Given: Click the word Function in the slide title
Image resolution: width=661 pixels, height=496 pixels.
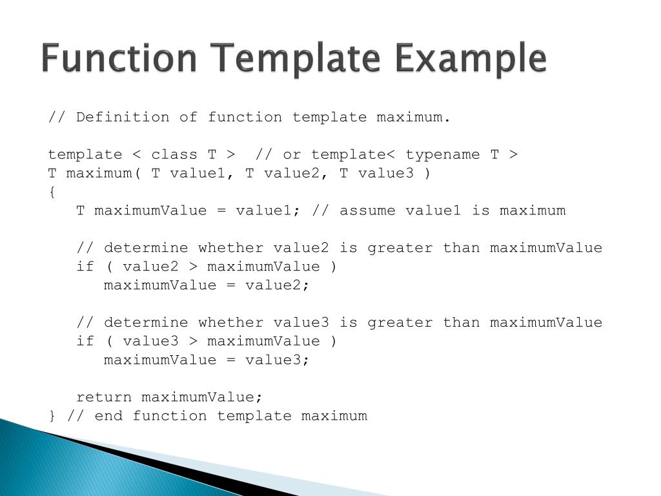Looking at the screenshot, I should [119, 58].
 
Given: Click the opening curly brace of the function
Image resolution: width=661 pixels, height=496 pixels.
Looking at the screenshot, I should [52, 192].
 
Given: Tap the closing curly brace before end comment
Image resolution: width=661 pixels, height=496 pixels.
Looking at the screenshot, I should [52, 416].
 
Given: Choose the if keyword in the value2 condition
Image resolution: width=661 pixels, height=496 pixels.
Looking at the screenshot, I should [85, 267].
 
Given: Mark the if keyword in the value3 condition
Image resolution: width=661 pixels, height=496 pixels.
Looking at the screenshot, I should [85, 341].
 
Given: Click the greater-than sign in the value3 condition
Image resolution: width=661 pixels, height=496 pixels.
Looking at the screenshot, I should [193, 341].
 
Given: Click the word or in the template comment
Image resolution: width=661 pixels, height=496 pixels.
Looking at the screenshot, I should [292, 154].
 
